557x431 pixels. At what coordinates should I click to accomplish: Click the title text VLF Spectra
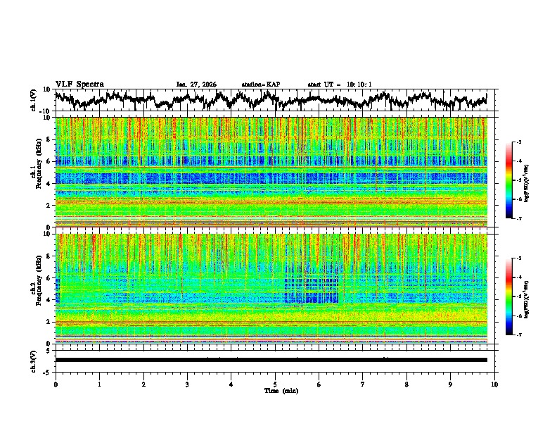tap(79, 84)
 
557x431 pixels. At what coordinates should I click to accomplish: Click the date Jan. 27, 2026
tap(196, 85)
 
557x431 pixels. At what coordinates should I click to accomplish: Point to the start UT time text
tap(340, 85)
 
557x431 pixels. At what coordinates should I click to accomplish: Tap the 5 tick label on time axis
tap(275, 384)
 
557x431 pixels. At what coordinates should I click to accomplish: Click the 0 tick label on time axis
tap(56, 384)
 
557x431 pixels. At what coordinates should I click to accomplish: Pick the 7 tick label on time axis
tap(363, 384)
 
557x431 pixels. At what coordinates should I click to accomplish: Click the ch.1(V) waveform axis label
tap(33, 100)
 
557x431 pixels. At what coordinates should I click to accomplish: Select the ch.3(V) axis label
tap(33, 360)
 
